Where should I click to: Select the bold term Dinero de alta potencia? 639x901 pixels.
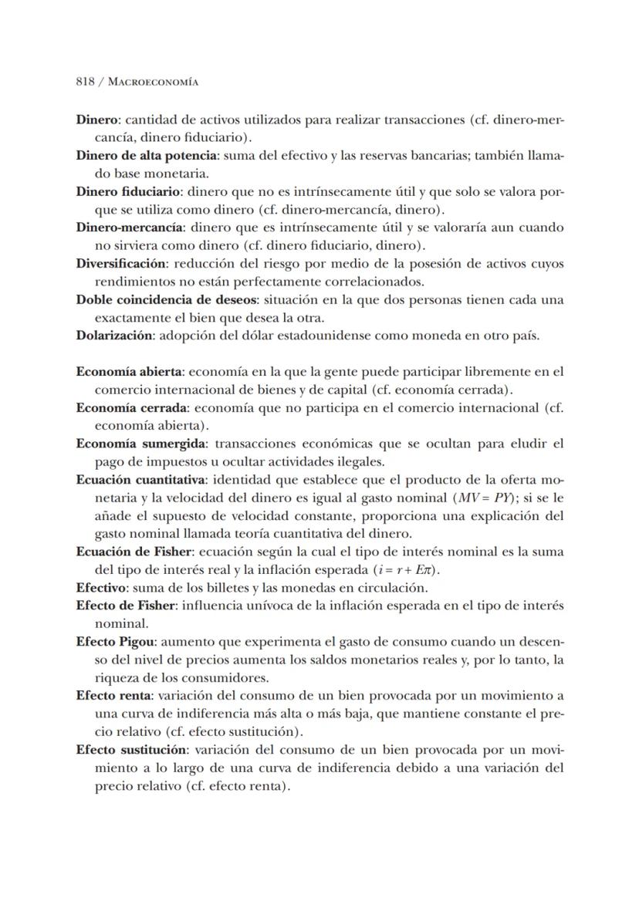147,156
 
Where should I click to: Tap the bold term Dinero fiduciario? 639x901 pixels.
128,191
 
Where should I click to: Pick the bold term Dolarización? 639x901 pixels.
114,335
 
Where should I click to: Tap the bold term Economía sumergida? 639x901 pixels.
140,443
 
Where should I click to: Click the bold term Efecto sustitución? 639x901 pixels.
131,749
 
